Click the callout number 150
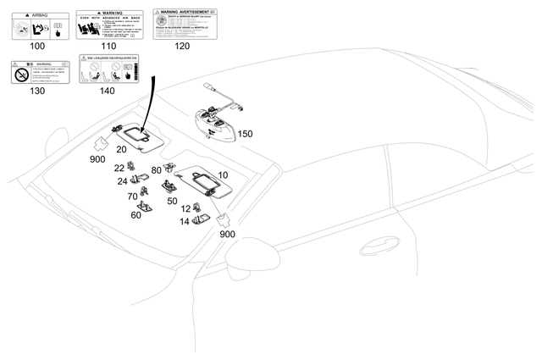pyautogui.click(x=244, y=134)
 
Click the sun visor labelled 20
pyautogui.click(x=136, y=131)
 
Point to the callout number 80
pyautogui.click(x=156, y=170)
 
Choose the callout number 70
pyautogui.click(x=132, y=197)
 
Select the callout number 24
pyautogui.click(x=123, y=181)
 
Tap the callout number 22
pyautogui.click(x=119, y=168)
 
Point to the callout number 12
pyautogui.click(x=185, y=209)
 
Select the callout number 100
pyautogui.click(x=37, y=46)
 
